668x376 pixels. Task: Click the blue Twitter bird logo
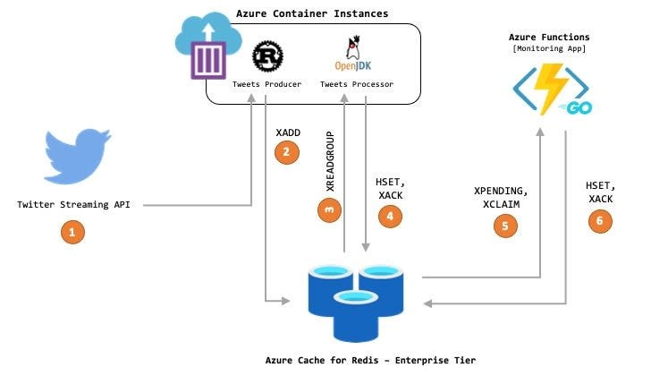[x=76, y=158]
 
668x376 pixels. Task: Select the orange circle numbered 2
[x=286, y=153]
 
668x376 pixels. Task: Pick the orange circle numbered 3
[x=329, y=209]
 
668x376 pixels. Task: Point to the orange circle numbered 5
[x=505, y=226]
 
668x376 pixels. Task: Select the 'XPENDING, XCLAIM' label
[x=502, y=197]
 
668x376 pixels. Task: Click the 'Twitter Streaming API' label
[x=74, y=204]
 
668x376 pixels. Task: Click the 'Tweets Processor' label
[x=357, y=84]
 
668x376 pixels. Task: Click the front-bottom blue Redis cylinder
[x=354, y=312]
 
